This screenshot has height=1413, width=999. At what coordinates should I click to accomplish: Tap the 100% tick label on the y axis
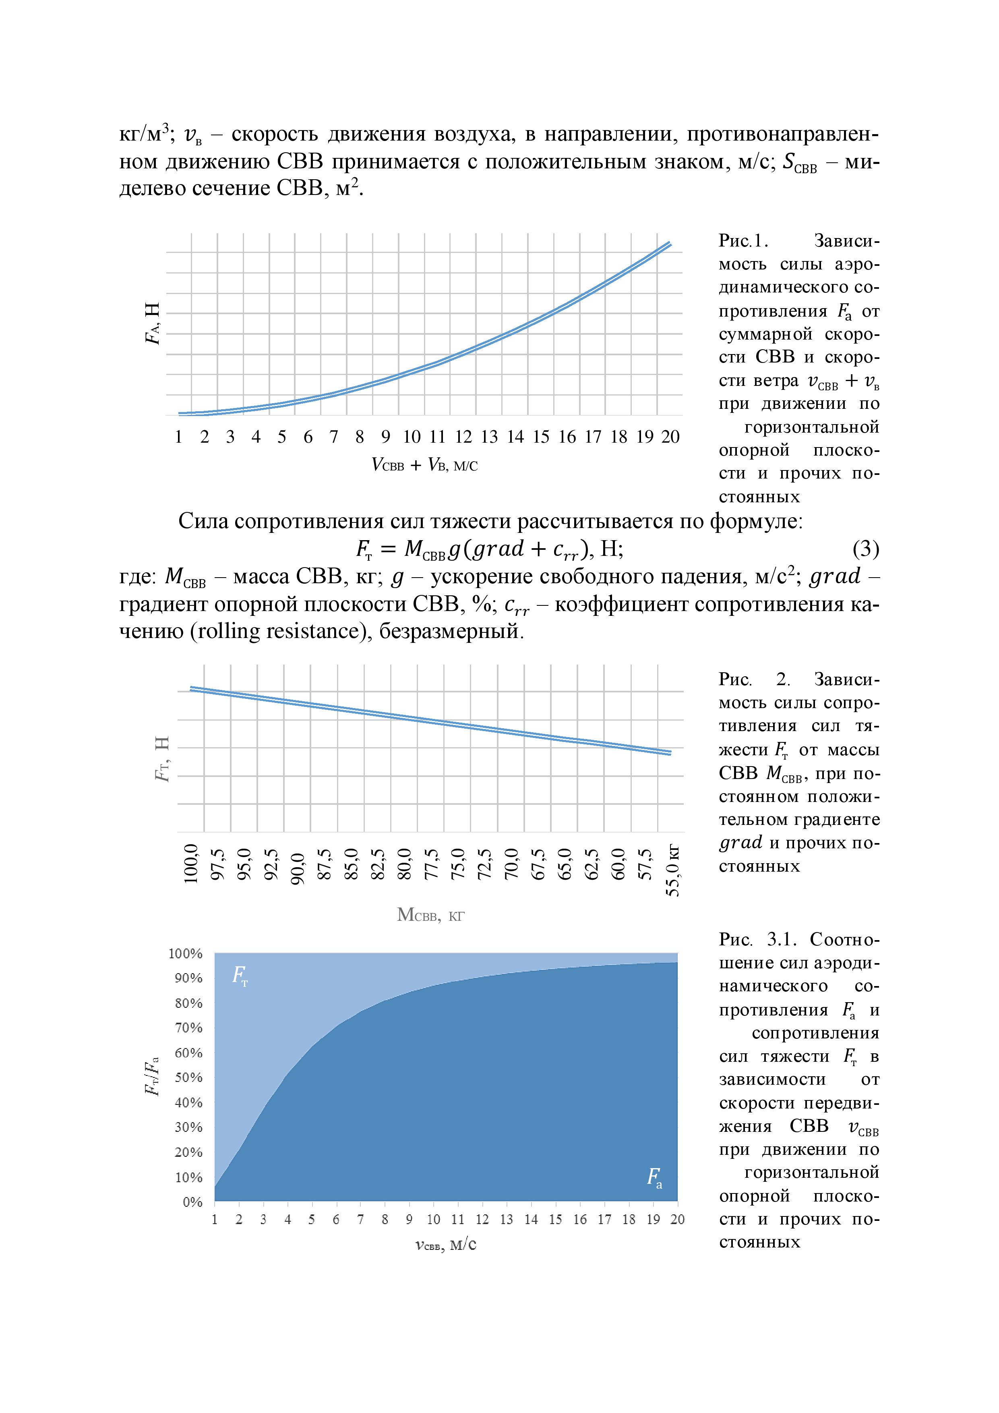(186, 953)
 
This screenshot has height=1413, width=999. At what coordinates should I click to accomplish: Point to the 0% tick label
(192, 1201)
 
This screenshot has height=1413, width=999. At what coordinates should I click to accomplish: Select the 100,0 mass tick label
(191, 864)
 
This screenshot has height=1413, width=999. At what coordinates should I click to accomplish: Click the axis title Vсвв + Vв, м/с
(424, 465)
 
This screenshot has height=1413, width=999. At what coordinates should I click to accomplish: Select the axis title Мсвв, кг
(430, 915)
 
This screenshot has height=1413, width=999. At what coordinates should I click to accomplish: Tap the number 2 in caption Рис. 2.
(782, 680)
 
